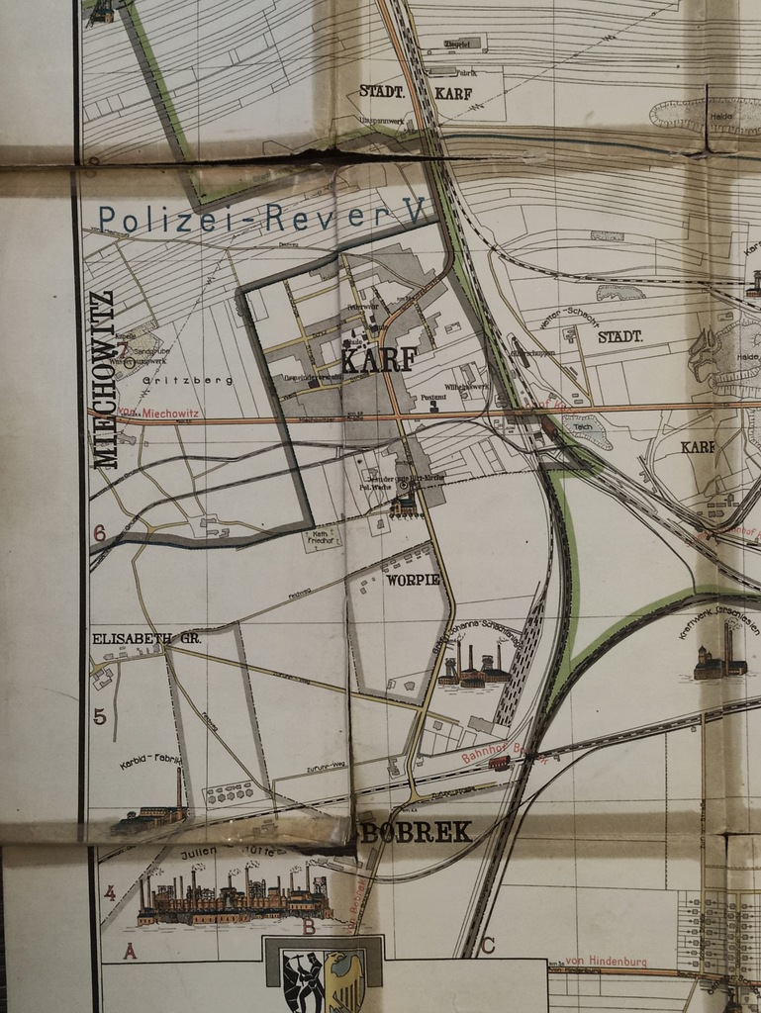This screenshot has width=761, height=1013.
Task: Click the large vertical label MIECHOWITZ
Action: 105,379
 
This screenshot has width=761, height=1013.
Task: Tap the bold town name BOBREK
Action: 416,833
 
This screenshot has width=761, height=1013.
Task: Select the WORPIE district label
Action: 415,579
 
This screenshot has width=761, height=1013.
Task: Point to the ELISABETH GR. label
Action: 146,639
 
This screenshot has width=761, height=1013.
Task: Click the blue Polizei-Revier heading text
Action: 262,217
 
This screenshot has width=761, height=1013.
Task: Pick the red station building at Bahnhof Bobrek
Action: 500,763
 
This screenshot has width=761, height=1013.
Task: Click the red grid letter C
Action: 487,945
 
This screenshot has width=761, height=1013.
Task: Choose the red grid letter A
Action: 129,952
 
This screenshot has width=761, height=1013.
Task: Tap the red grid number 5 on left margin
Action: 99,717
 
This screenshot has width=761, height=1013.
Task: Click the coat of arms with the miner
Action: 304,980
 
